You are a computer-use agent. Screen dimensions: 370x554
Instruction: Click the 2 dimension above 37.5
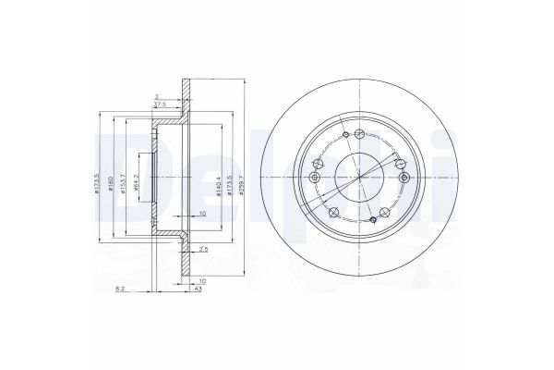158,95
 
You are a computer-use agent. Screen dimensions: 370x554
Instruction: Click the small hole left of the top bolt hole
343,135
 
